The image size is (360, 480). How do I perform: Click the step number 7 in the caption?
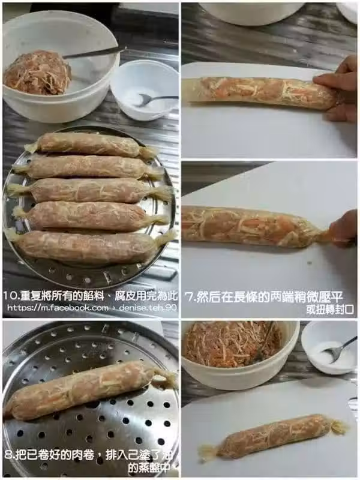[189, 297]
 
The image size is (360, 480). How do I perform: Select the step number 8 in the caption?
[10, 455]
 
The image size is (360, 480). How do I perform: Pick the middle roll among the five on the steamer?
[91, 190]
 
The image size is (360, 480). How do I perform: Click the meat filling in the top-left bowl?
[37, 73]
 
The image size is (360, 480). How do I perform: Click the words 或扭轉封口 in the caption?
[330, 310]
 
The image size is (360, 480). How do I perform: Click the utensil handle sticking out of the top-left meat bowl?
[95, 53]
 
